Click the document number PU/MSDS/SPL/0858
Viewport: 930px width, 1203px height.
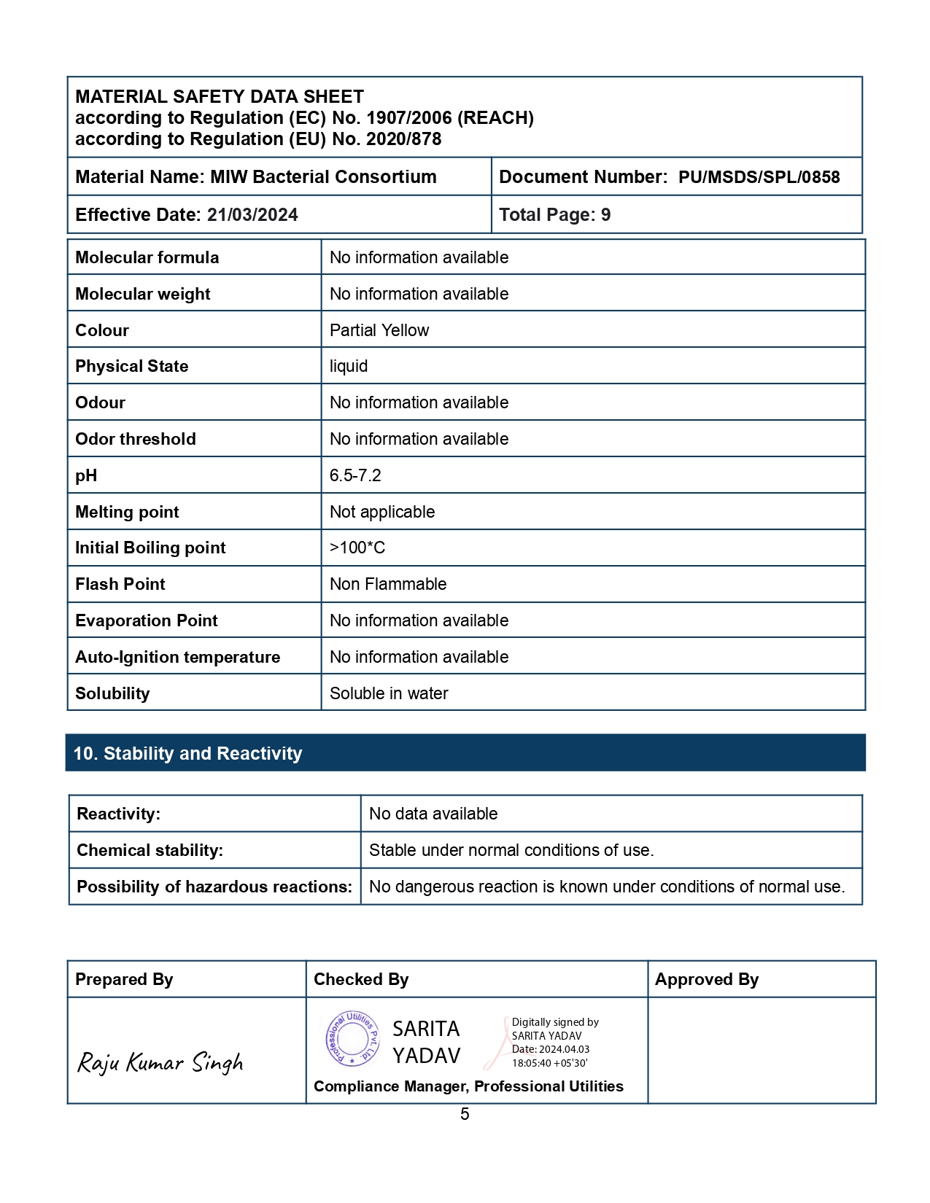click(x=759, y=177)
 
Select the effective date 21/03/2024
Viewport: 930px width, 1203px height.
click(x=252, y=215)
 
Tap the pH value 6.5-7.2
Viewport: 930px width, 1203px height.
click(x=355, y=475)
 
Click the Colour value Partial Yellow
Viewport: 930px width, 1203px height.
click(x=379, y=330)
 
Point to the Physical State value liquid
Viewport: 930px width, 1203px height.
click(x=349, y=366)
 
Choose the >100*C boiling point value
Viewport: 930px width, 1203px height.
click(x=357, y=548)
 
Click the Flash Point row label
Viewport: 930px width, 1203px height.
click(x=120, y=584)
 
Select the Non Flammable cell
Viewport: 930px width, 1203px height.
click(x=388, y=584)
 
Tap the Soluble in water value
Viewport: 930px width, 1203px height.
click(x=389, y=693)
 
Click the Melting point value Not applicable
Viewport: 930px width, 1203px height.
click(x=382, y=512)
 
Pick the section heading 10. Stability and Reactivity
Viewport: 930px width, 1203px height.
click(x=188, y=753)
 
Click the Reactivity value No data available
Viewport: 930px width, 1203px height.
click(x=433, y=814)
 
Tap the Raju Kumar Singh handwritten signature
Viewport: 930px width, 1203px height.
click(x=160, y=1062)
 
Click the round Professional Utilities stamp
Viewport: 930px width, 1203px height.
click(x=353, y=1039)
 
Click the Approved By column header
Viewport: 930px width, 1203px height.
click(x=707, y=979)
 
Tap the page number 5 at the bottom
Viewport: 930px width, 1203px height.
click(x=465, y=1114)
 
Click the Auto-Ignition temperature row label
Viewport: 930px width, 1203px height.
click(x=178, y=657)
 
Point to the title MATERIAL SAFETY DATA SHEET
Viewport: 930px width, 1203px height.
click(x=220, y=97)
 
